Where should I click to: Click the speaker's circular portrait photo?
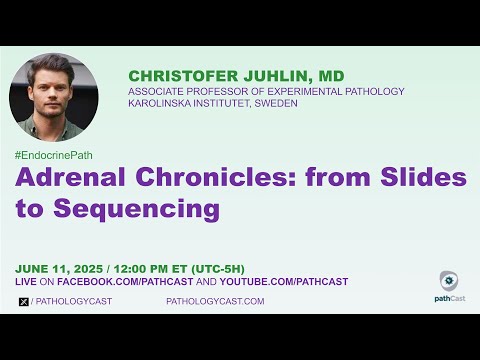(x=53, y=97)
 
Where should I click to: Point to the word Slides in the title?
(x=424, y=179)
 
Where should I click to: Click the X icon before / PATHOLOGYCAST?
(x=23, y=301)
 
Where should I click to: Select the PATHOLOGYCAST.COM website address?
(x=214, y=301)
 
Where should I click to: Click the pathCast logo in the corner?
(x=449, y=286)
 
